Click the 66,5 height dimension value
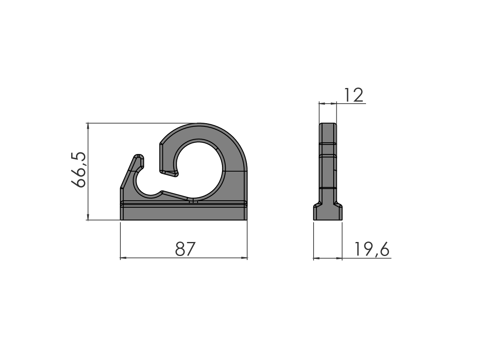(x=78, y=170)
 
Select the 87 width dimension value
(x=185, y=249)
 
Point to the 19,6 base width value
(x=372, y=249)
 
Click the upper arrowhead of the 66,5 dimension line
(x=88, y=126)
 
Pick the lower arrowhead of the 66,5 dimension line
(x=88, y=217)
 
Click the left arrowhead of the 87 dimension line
(x=123, y=258)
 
